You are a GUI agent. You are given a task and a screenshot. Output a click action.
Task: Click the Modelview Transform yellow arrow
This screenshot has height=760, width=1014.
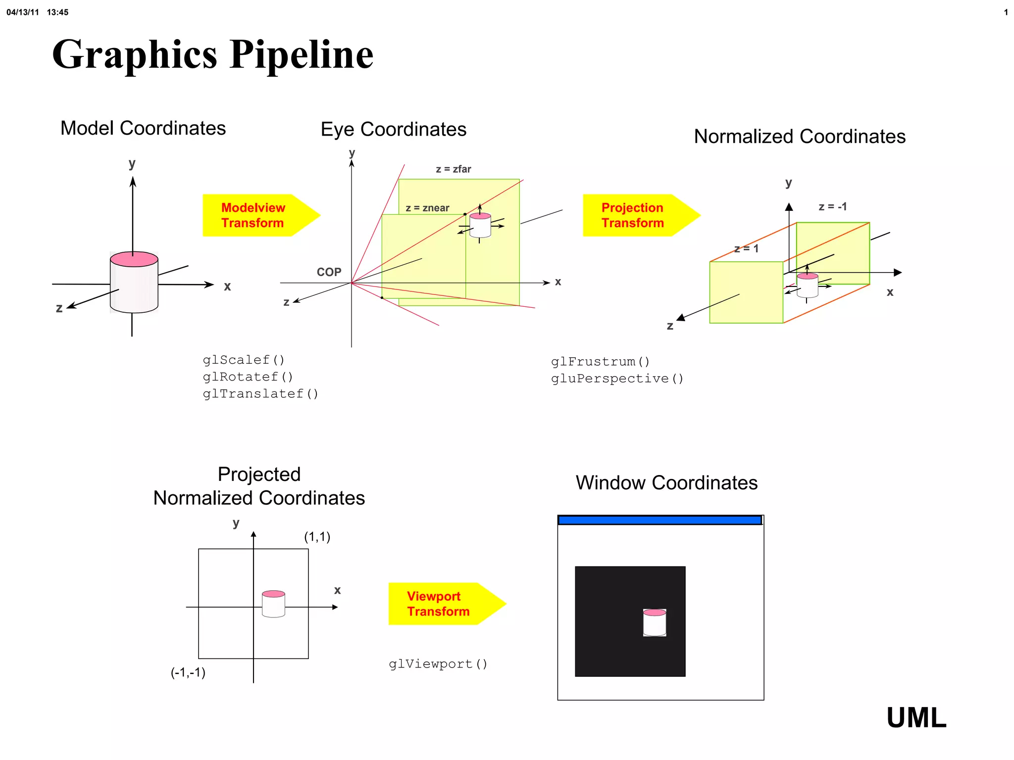tap(257, 215)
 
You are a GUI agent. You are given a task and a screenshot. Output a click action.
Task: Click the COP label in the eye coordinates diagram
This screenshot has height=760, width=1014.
tap(329, 272)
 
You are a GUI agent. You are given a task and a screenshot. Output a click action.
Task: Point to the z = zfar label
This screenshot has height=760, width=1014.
tap(453, 169)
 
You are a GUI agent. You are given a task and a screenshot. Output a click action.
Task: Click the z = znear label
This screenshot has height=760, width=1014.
tap(427, 208)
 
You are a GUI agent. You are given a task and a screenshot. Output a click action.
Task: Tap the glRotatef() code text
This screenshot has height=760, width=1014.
tap(248, 377)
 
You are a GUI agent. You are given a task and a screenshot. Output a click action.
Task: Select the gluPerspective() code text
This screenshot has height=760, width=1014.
tap(617, 379)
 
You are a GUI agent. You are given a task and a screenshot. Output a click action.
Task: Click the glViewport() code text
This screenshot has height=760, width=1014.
tap(438, 664)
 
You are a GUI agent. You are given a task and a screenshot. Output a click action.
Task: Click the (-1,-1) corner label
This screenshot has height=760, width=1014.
tap(188, 672)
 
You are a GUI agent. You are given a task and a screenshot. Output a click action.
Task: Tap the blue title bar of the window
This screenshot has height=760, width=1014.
tap(659, 520)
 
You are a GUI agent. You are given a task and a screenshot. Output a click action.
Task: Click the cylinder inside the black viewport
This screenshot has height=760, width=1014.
tap(655, 623)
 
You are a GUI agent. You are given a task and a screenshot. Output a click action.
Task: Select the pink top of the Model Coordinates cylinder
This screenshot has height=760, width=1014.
tap(134, 259)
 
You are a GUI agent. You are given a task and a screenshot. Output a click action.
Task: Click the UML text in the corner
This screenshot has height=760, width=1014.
tap(916, 718)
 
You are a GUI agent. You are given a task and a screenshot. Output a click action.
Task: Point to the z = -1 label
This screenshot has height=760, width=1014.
tap(832, 207)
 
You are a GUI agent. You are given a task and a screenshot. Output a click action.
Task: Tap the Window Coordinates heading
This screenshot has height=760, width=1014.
tap(666, 483)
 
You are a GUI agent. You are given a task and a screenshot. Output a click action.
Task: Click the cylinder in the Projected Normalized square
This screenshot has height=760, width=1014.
tap(273, 604)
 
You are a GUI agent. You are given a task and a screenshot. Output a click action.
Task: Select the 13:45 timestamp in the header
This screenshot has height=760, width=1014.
tap(57, 12)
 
